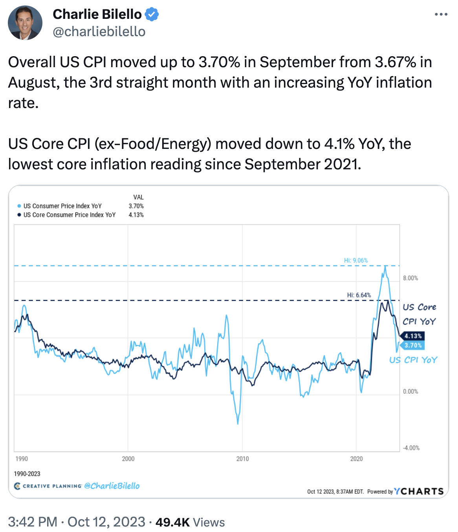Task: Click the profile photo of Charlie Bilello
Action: coord(25,23)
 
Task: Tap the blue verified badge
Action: coord(152,15)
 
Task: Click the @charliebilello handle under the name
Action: coord(99,31)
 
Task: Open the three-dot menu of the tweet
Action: coord(441,15)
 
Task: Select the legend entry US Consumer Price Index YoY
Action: coord(62,206)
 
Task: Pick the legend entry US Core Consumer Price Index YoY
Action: coord(69,215)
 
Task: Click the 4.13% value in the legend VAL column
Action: coord(136,215)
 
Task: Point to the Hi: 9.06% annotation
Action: coord(356,260)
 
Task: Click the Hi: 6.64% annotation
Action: coord(359,295)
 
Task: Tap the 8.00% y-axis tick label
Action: coord(410,278)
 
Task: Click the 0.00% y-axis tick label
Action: coord(410,391)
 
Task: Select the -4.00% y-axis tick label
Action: coord(411,448)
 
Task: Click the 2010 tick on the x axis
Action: coord(242,459)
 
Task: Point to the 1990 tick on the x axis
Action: coord(22,459)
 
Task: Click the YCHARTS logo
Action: coord(419,491)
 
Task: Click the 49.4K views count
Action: coord(172,522)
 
